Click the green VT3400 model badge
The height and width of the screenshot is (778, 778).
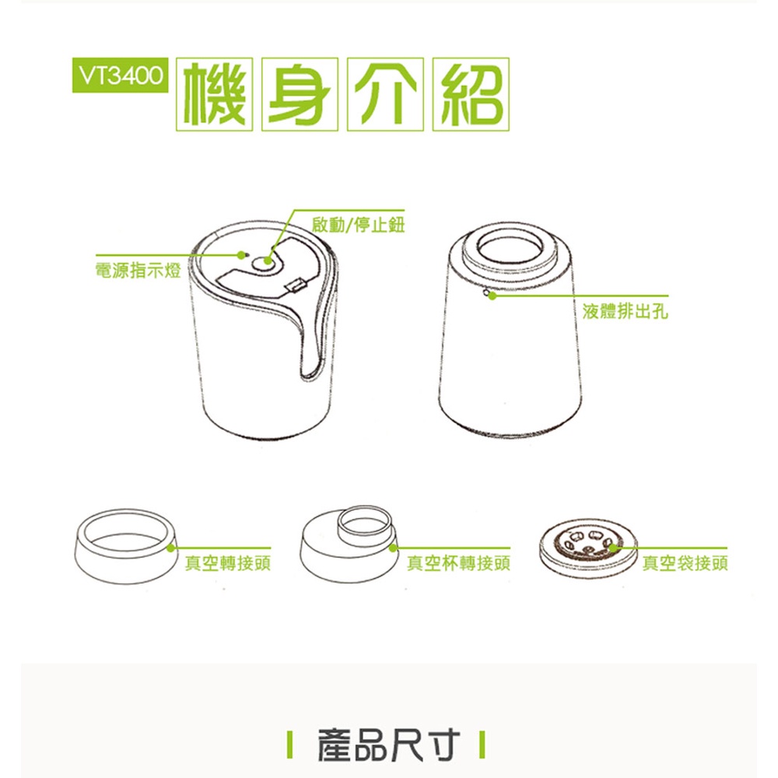[120, 75]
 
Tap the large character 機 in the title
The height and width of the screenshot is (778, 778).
[215, 94]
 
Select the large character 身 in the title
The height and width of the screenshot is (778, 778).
[300, 94]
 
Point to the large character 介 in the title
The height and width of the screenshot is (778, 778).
[385, 94]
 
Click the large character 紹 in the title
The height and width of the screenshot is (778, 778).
[471, 94]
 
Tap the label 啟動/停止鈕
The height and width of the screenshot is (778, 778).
[358, 225]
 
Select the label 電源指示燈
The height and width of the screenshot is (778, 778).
[138, 271]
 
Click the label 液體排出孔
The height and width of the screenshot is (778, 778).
[626, 312]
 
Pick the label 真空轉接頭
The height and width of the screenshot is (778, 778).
[228, 563]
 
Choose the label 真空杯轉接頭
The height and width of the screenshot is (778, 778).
[458, 563]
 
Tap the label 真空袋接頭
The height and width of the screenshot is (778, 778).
[685, 563]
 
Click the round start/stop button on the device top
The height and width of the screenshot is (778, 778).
[267, 263]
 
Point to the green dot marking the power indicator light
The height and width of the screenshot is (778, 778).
[242, 255]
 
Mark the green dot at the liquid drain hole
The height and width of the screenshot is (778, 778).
[492, 296]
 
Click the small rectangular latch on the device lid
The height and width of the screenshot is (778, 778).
[295, 286]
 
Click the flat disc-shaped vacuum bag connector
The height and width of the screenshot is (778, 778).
[588, 551]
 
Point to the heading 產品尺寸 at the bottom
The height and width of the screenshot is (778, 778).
[388, 745]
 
